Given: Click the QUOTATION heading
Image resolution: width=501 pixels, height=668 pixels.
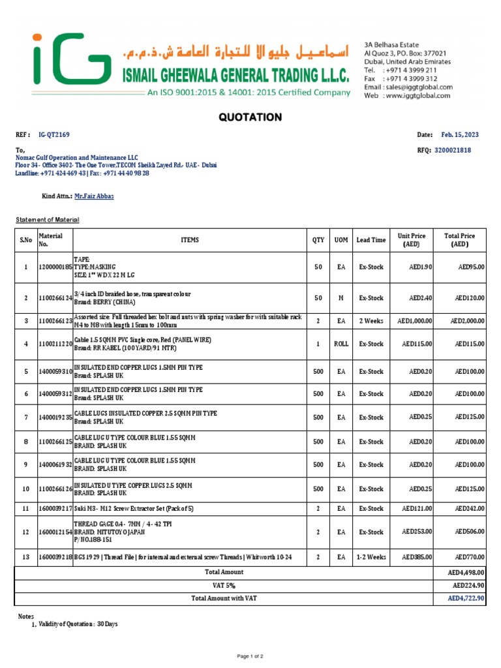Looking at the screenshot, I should click(250, 117).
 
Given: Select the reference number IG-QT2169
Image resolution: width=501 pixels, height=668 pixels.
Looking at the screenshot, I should click(55, 134).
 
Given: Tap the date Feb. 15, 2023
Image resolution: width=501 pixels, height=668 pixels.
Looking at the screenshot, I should click(460, 134).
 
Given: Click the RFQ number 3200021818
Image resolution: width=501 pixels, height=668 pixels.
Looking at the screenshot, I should click(452, 150).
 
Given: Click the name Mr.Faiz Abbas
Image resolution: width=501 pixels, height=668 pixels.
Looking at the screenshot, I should click(94, 196).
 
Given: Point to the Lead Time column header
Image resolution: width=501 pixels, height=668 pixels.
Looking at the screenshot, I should click(371, 240).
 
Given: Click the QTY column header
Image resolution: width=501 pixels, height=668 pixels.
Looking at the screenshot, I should click(318, 240).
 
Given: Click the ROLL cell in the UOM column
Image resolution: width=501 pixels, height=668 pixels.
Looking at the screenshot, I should click(341, 344).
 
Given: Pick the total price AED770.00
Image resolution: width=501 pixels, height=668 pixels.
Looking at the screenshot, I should click(470, 557).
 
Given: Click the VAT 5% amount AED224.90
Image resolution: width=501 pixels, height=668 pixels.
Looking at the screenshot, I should click(468, 585).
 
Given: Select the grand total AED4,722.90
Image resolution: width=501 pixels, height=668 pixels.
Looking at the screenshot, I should click(466, 598).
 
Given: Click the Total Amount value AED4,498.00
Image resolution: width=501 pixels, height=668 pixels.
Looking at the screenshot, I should click(466, 572).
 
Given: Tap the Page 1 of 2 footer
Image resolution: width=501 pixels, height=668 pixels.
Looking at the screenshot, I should click(250, 655).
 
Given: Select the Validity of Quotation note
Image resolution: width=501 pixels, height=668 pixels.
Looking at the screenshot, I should click(78, 624).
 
